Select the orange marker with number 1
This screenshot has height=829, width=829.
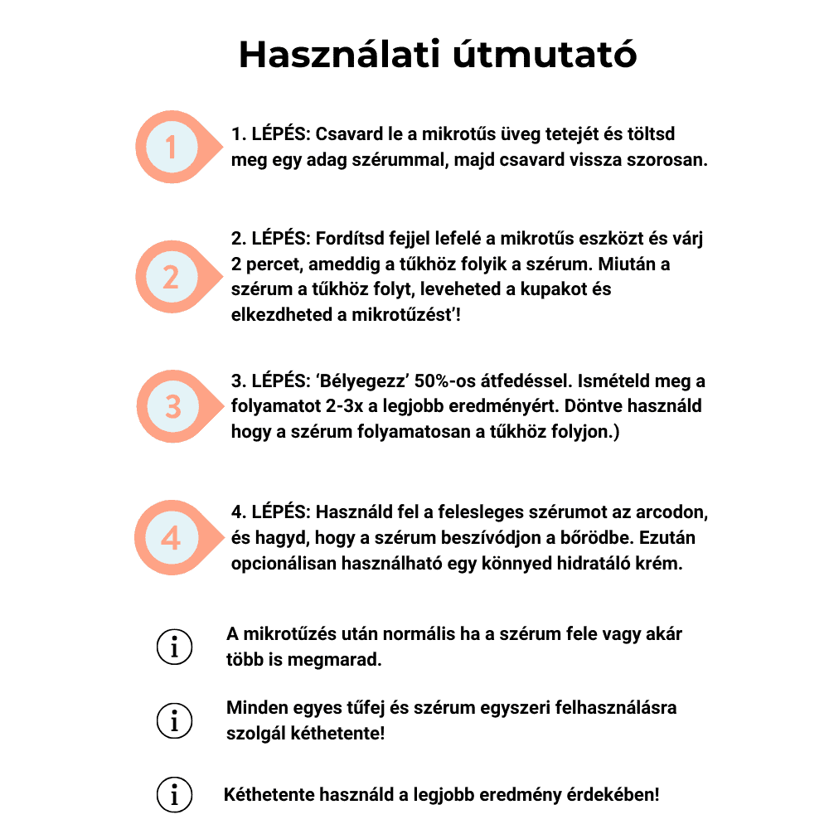tap(172, 148)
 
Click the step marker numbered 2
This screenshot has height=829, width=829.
tap(172, 276)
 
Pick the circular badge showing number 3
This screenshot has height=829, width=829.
tap(172, 406)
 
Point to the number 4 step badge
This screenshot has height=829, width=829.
tap(172, 537)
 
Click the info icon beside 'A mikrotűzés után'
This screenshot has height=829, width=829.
tap(174, 647)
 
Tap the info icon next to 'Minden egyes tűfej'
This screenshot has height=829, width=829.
tap(174, 721)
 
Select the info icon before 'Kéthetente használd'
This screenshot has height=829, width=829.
tap(174, 796)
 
